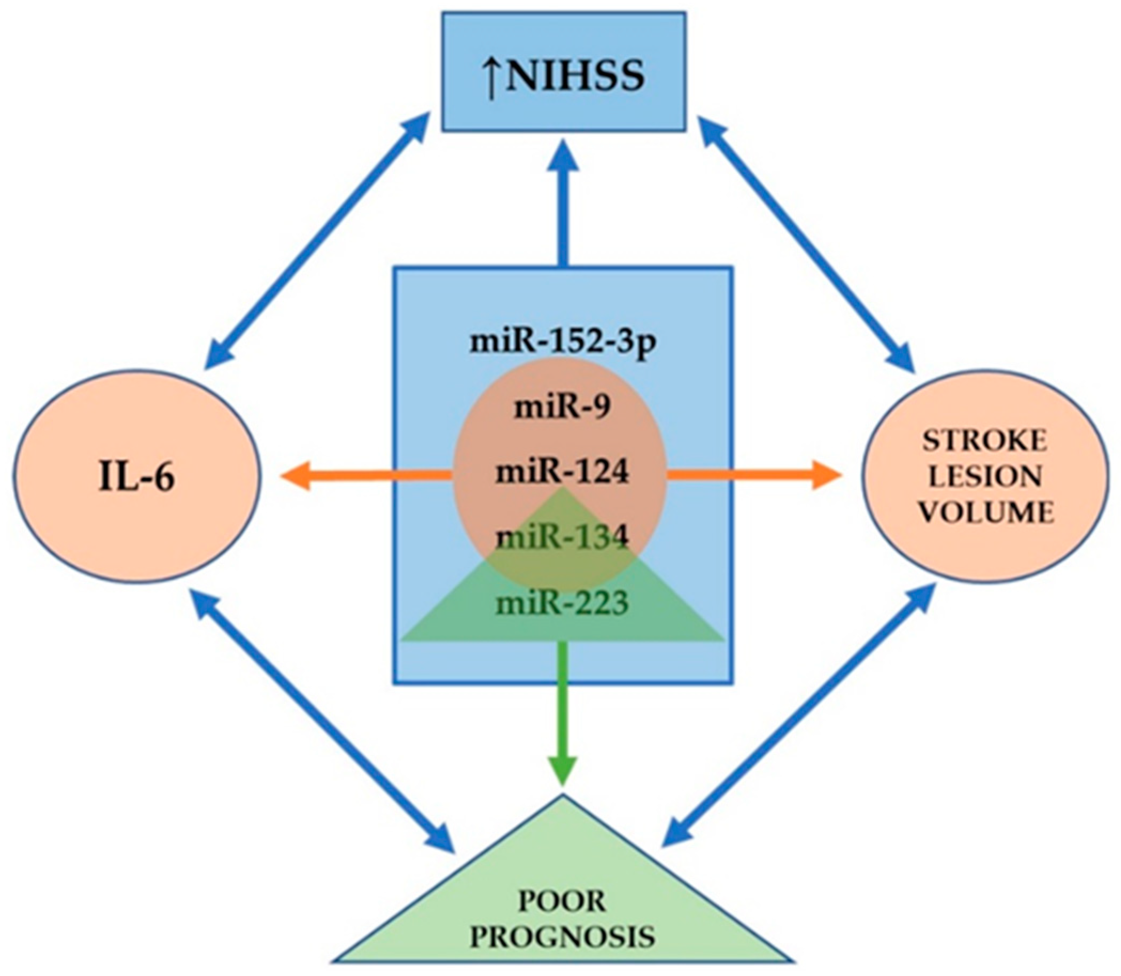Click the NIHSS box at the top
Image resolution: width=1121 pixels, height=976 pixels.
tap(563, 72)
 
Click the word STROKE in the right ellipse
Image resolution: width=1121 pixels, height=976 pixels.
tap(984, 441)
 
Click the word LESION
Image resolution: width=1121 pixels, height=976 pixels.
tap(984, 477)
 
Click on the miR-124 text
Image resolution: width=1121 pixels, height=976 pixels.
tap(562, 473)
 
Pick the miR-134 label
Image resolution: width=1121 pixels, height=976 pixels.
tap(562, 537)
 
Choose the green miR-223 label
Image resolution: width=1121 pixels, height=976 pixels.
tap(562, 603)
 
